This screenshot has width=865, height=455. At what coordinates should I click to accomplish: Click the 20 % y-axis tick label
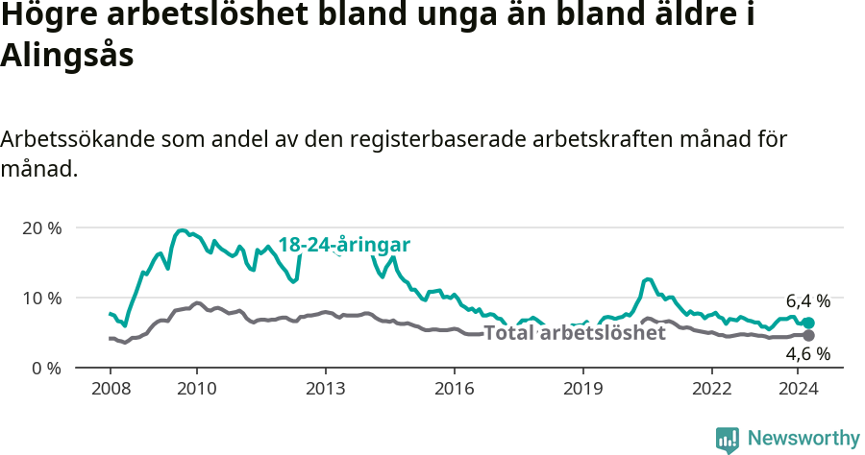coord(41,228)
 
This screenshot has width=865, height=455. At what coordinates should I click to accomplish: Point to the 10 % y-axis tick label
coord(41,298)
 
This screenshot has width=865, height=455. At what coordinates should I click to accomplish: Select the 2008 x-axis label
coord(110,389)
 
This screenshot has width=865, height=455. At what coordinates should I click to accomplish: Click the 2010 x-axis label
coord(197,389)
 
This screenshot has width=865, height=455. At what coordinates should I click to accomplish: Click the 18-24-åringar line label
coord(344,245)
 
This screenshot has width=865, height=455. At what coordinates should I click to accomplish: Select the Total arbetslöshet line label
coord(574,333)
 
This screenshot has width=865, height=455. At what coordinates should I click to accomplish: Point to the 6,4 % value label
coord(807,300)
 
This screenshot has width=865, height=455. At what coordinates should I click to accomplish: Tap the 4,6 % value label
coord(807,354)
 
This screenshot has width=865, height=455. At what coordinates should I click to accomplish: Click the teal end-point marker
coord(808,323)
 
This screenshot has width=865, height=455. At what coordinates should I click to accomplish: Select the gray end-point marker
coord(808,335)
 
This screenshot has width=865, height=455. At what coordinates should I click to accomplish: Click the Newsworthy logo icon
coord(728,440)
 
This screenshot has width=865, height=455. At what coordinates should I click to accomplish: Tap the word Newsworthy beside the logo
coord(803,439)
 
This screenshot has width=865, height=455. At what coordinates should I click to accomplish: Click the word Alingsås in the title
coord(66,56)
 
